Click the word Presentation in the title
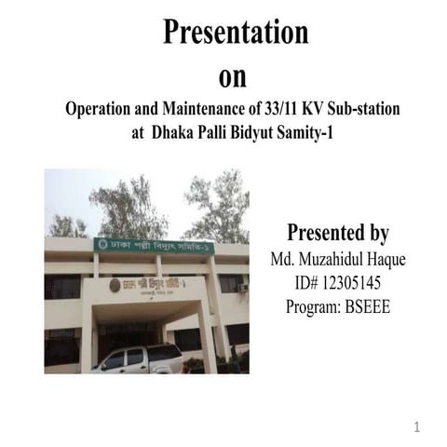tap(236, 32)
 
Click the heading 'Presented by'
tap(337, 233)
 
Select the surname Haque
tap(373, 258)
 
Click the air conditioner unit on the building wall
tap(242, 288)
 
